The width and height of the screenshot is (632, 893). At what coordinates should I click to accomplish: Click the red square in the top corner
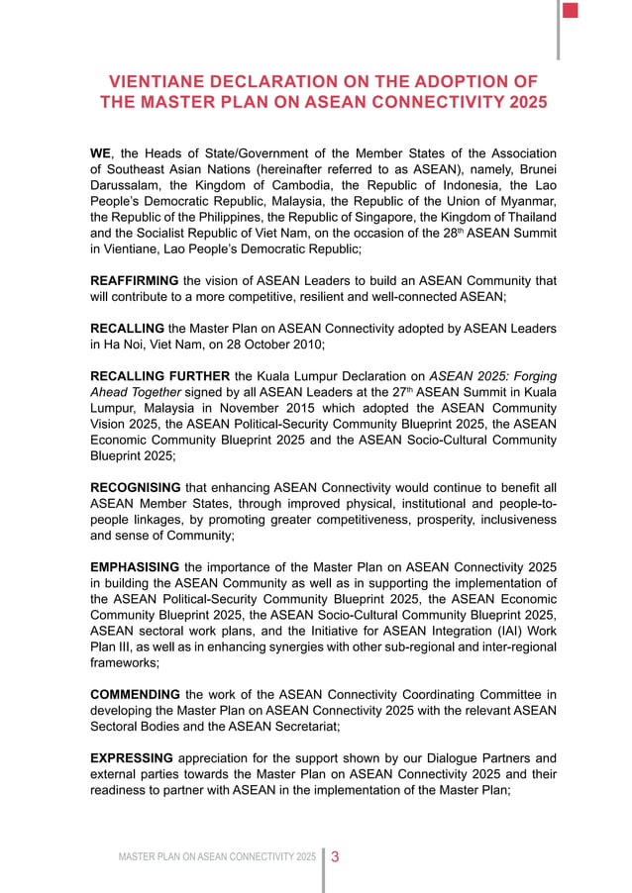pyautogui.click(x=571, y=11)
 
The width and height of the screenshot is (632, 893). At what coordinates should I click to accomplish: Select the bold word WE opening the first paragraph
pyautogui.click(x=99, y=152)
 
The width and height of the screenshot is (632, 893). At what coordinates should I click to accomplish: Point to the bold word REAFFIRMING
pyautogui.click(x=134, y=280)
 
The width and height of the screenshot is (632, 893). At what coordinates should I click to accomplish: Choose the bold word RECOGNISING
pyautogui.click(x=135, y=487)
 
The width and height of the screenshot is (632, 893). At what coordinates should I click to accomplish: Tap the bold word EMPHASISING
pyautogui.click(x=134, y=566)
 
